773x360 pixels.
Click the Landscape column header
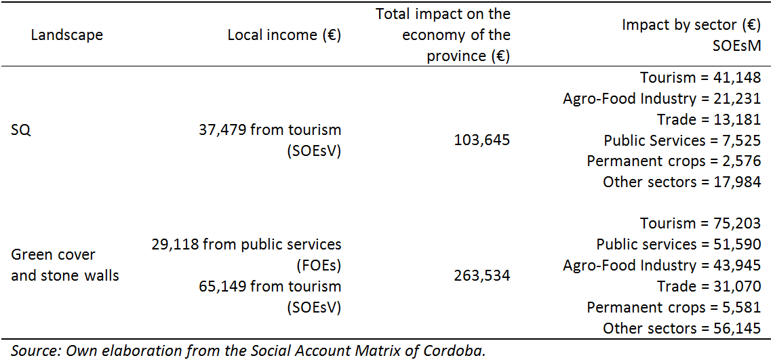(x=67, y=35)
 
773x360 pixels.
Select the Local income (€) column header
(x=284, y=35)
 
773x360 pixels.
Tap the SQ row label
(x=21, y=129)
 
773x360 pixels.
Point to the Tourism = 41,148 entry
(x=700, y=78)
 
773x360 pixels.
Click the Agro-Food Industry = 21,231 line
(x=662, y=99)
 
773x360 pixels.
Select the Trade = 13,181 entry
(x=709, y=120)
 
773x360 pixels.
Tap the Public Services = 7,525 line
(x=682, y=141)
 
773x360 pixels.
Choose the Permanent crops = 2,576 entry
(x=674, y=161)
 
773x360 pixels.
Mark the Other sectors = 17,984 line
(x=681, y=182)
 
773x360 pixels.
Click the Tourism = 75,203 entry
(x=700, y=224)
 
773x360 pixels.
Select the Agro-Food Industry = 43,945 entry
(x=662, y=266)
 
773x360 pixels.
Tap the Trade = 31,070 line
(x=709, y=287)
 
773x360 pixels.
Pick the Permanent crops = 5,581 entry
(x=674, y=308)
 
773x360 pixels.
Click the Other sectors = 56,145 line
(x=681, y=329)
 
